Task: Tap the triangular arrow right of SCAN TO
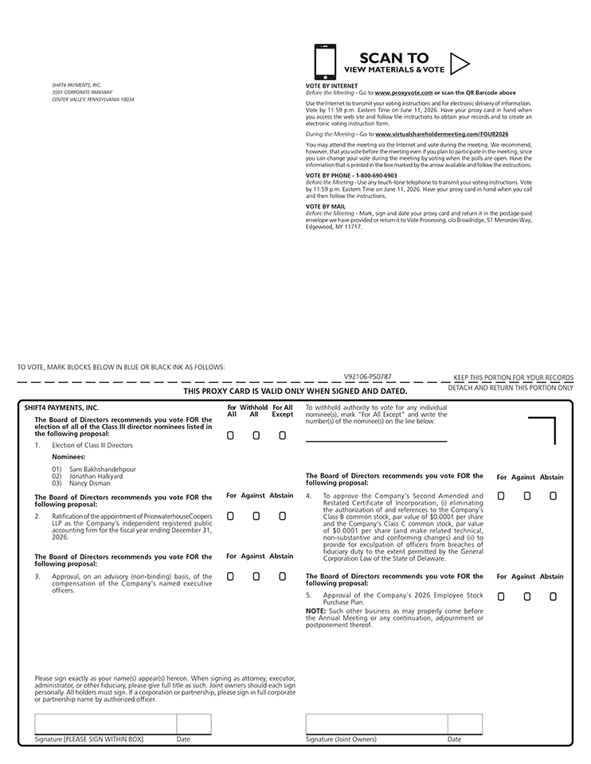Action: click(x=460, y=63)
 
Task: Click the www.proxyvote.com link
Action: click(x=404, y=93)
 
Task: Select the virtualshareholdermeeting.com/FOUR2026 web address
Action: click(x=441, y=134)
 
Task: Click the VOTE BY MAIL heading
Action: click(x=326, y=206)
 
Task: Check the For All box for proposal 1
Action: click(x=230, y=435)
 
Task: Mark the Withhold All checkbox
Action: click(x=256, y=435)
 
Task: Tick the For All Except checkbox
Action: click(x=282, y=435)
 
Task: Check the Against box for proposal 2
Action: click(x=256, y=516)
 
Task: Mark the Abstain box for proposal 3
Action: click(x=282, y=575)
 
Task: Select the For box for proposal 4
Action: click(x=501, y=496)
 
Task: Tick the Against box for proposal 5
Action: click(x=526, y=596)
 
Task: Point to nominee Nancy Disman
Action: click(x=90, y=483)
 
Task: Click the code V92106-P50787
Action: click(x=367, y=376)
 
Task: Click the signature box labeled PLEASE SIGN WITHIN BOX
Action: click(x=105, y=724)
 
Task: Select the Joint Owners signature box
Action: click(x=376, y=724)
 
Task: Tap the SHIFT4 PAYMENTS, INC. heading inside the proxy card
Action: click(x=61, y=407)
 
